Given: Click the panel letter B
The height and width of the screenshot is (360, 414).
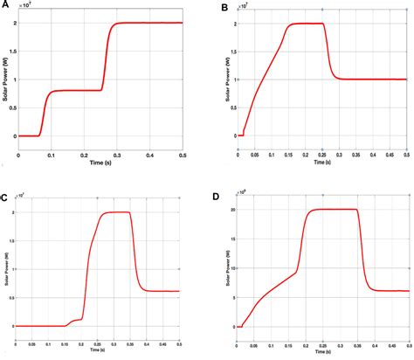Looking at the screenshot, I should (x=226, y=8).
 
